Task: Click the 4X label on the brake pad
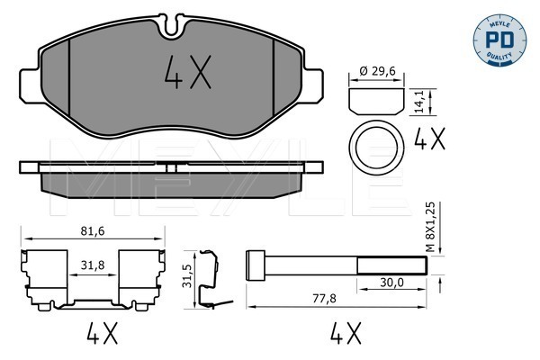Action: click(188, 72)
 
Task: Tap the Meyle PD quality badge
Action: click(499, 40)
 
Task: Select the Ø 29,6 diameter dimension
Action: click(377, 71)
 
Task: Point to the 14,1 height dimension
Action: click(419, 102)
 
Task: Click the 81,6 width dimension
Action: click(93, 231)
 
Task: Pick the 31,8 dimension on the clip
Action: click(93, 265)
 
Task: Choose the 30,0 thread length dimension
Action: click(391, 283)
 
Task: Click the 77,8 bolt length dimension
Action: click(324, 299)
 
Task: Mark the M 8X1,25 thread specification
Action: click(431, 228)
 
